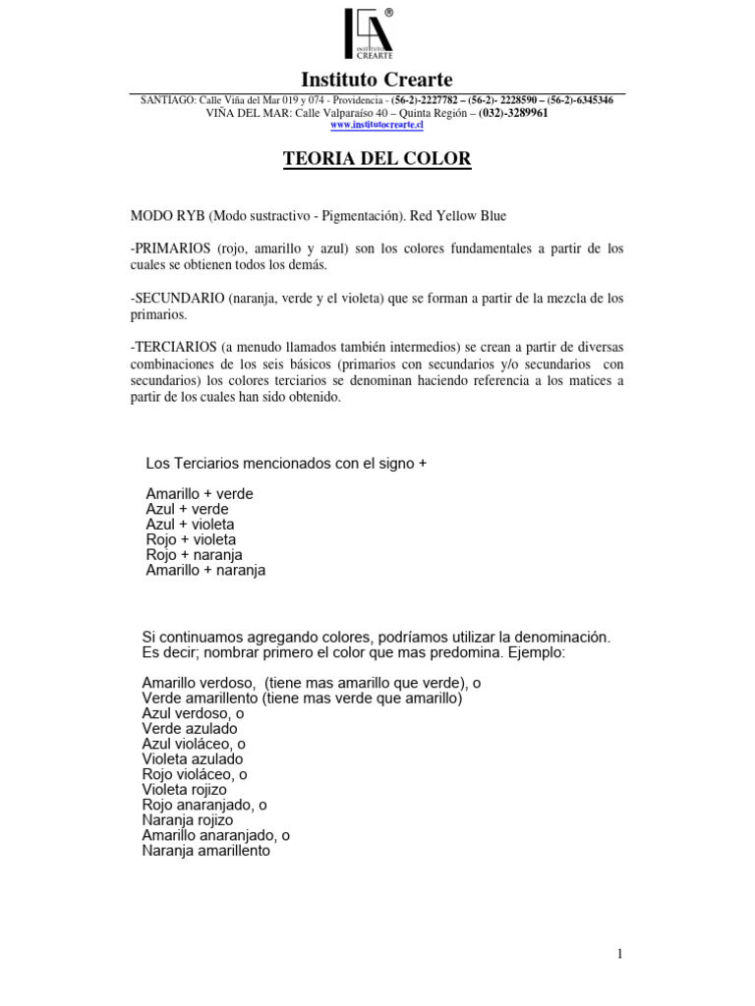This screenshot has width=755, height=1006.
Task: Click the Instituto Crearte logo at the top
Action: point(369,34)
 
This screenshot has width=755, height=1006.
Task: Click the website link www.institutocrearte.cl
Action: point(377,125)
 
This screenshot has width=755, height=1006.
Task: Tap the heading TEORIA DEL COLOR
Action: point(377,158)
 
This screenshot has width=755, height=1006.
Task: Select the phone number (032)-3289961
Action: point(513,113)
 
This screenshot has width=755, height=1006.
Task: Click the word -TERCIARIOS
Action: point(173,348)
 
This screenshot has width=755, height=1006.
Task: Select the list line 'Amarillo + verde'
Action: point(200,494)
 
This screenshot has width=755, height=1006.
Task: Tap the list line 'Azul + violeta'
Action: point(190,525)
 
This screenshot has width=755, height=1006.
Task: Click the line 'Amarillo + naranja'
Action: point(205,570)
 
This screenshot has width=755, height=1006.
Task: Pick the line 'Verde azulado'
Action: point(190,729)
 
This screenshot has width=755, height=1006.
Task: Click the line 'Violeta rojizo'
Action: point(185,790)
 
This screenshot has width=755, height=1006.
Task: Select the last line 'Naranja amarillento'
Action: point(205,851)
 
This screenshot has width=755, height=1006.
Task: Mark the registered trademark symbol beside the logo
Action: point(389,13)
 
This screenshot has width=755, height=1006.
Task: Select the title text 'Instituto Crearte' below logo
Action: point(377,80)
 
